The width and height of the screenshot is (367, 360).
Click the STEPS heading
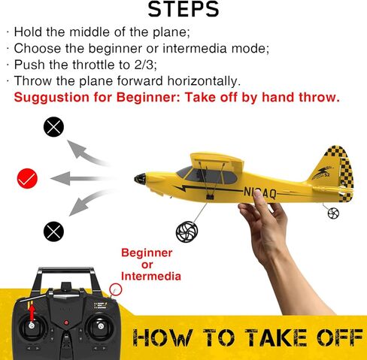click(x=183, y=10)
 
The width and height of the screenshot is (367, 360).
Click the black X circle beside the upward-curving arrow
click(x=53, y=127)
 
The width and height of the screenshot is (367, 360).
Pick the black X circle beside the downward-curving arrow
click(x=53, y=230)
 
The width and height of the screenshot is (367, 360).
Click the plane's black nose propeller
click(x=139, y=179)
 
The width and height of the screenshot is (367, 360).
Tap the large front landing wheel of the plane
click(x=186, y=231)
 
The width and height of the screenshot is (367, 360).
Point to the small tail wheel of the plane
click(x=333, y=213)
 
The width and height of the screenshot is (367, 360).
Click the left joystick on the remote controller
click(x=32, y=328)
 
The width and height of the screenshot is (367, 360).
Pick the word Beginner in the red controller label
click(x=147, y=253)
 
